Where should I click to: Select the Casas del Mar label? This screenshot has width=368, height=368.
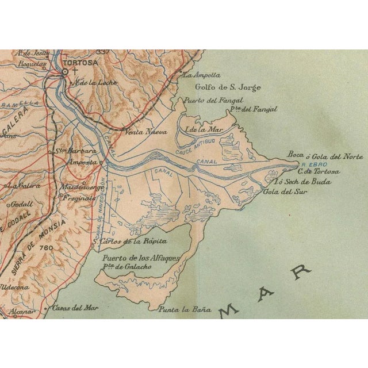72,307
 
